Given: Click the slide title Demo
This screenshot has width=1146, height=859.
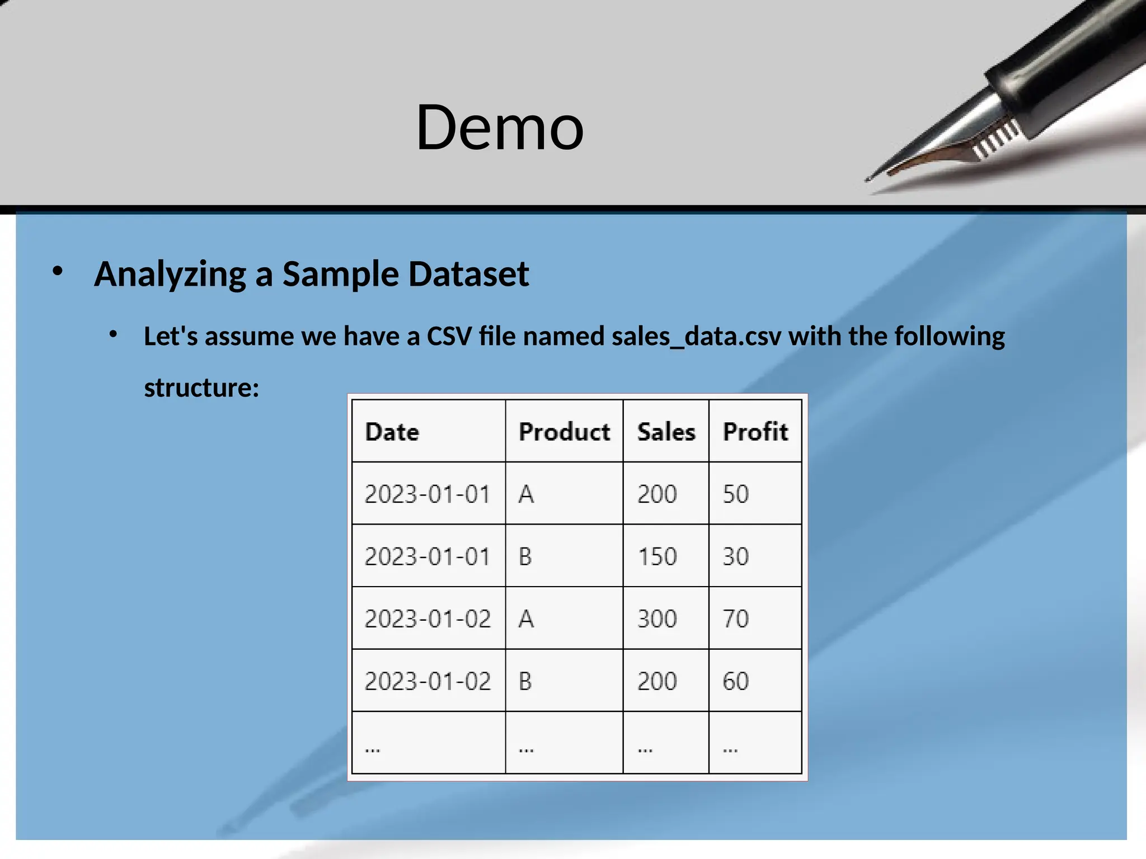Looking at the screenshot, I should (500, 128).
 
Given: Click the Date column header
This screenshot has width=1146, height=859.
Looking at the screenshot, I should (392, 432).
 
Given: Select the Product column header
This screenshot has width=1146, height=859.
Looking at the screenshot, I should (564, 432).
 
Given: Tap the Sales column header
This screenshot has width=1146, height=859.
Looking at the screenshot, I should (666, 432).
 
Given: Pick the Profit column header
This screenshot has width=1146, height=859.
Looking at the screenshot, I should (755, 432).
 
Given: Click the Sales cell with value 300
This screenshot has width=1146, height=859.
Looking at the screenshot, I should (657, 619).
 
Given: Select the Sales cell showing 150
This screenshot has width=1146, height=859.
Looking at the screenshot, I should (657, 556).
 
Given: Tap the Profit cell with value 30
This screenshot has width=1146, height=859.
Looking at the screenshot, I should (735, 556).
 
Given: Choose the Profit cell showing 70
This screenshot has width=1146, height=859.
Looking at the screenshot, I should (735, 619).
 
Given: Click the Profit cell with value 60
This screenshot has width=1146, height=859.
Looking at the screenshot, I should (735, 681).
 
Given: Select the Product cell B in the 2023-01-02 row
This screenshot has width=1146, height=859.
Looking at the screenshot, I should (525, 681).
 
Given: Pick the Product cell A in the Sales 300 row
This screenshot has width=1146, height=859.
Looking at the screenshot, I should (526, 619).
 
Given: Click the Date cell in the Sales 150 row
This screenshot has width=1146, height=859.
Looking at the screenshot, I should (428, 556).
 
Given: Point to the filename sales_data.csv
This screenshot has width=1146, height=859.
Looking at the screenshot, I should (696, 337).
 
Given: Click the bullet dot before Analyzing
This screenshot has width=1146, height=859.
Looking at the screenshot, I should (58, 272).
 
